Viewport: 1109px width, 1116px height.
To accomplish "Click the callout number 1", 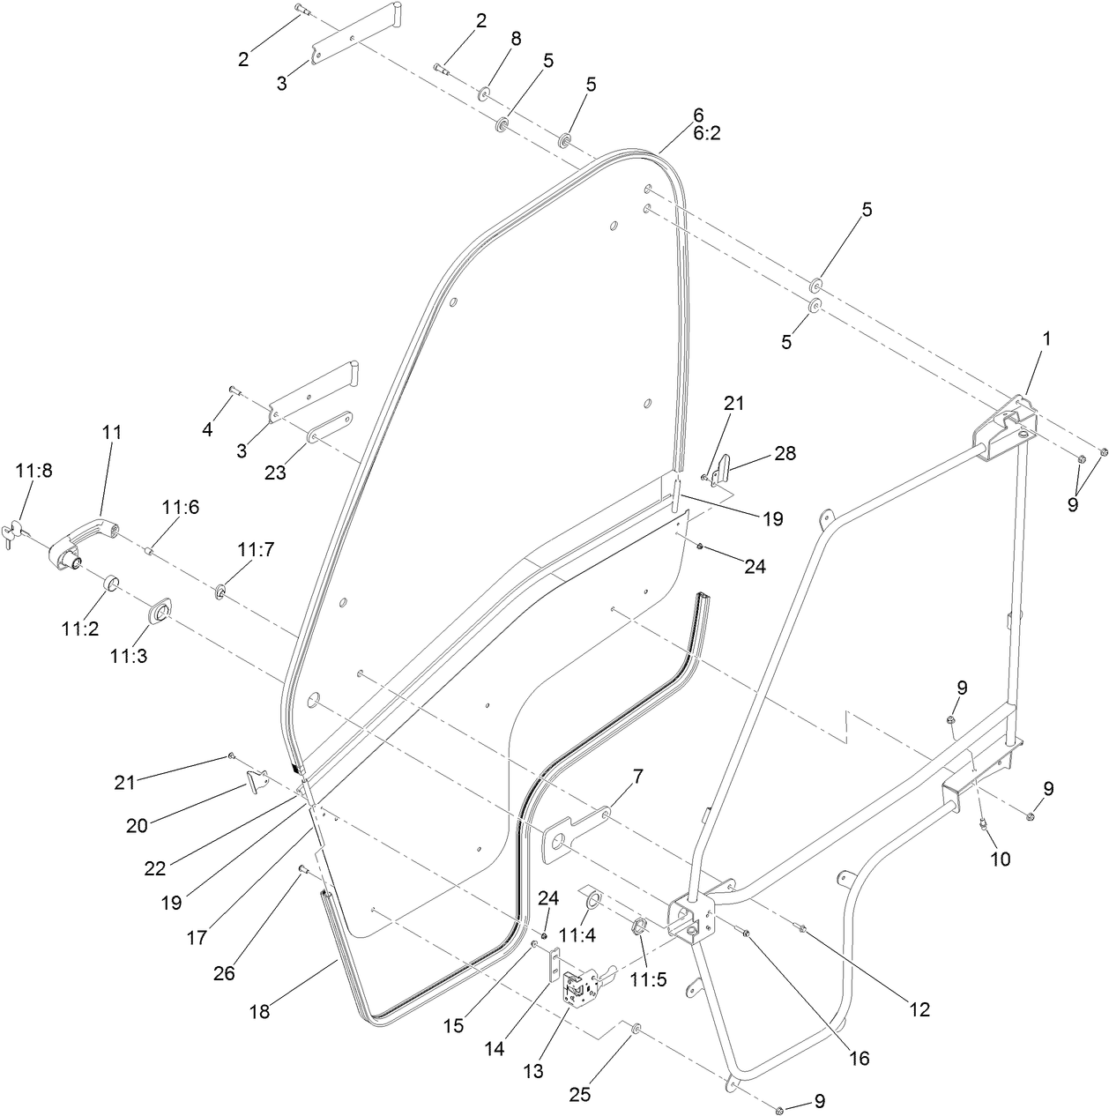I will [1046, 339].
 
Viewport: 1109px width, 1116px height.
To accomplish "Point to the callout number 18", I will [259, 1011].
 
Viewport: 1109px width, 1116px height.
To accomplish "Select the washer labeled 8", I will [486, 93].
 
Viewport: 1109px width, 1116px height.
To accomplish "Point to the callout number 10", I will [1001, 858].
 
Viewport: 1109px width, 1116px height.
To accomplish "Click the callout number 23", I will [275, 472].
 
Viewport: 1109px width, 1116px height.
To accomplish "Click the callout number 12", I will [919, 1009].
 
